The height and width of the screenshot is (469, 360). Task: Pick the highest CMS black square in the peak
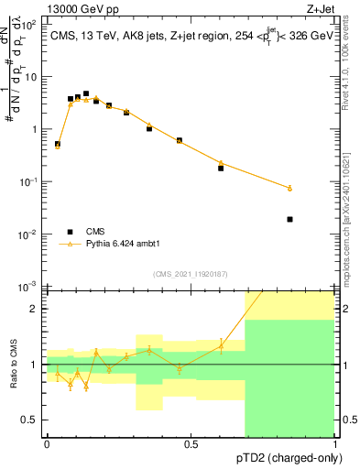pos(86,93)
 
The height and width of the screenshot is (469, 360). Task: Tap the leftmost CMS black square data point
pos(58,144)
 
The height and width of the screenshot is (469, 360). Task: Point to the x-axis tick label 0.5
pos(191,444)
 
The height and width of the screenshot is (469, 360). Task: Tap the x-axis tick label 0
pos(47,444)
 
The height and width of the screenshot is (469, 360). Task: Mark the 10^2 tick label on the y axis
pos(30,25)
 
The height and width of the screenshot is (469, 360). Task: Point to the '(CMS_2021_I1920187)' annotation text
pos(190,274)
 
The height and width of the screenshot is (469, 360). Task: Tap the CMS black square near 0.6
pos(221,168)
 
